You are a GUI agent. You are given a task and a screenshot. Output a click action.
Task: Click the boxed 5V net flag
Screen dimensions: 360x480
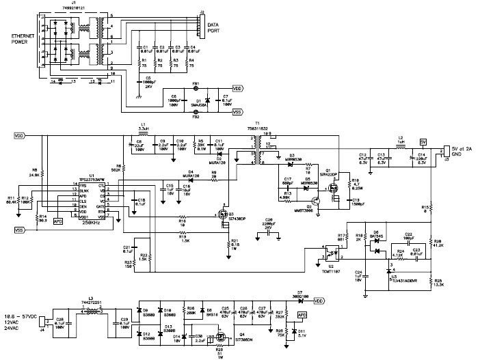pos(423,142)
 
